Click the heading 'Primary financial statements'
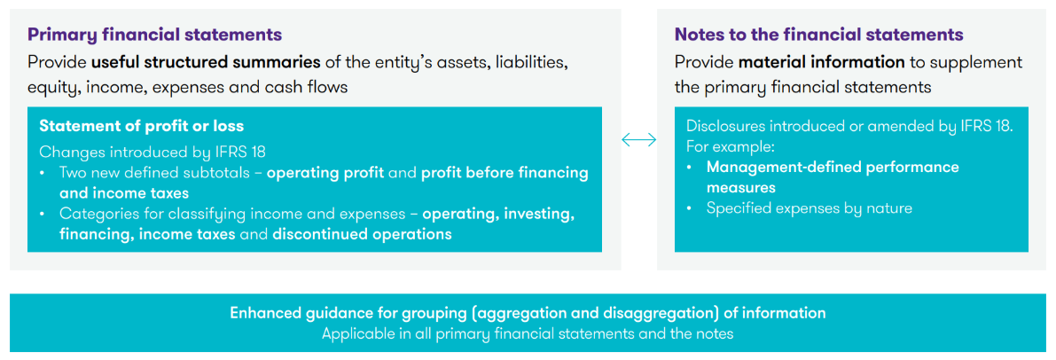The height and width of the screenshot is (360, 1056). click(154, 35)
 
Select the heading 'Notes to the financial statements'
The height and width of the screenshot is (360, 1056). click(819, 35)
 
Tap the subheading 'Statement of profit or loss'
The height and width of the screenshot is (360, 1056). click(142, 126)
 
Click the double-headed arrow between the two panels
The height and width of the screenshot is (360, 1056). click(638, 139)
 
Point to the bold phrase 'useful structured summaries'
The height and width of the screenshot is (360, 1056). click(206, 63)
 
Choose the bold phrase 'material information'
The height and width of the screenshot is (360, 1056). click(822, 63)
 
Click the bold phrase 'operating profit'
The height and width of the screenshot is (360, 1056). click(325, 173)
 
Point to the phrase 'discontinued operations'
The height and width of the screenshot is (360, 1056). click(363, 235)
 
